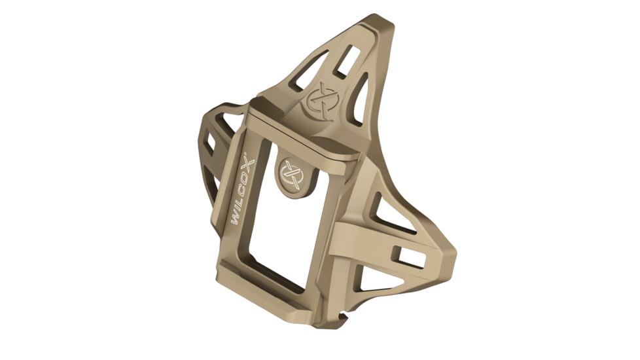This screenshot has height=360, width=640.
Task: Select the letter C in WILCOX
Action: click(x=247, y=184)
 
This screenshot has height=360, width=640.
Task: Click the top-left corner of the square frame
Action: click(x=249, y=117)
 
